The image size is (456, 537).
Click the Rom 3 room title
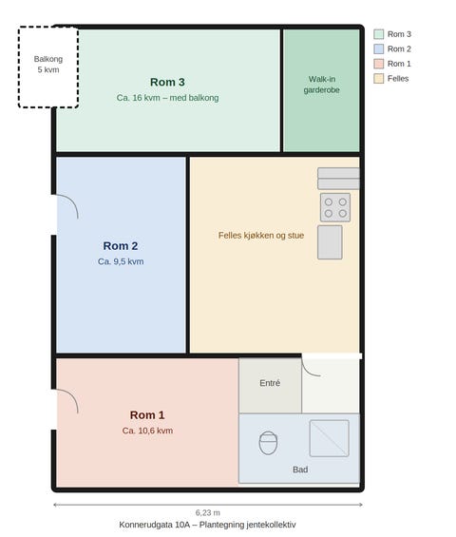pyautogui.click(x=167, y=82)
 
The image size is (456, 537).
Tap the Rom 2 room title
pyautogui.click(x=121, y=246)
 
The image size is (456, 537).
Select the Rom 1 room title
pyautogui.click(x=147, y=415)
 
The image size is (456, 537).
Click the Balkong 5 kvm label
pyautogui.click(x=48, y=65)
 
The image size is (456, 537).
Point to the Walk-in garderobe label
pyautogui.click(x=322, y=85)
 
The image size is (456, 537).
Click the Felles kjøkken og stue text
pyautogui.click(x=261, y=236)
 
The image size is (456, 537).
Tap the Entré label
pyautogui.click(x=270, y=383)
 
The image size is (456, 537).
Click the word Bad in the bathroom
pyautogui.click(x=300, y=470)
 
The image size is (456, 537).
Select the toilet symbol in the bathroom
pyautogui.click(x=268, y=443)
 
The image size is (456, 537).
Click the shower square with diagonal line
pyautogui.click(x=330, y=438)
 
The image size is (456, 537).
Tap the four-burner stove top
pyautogui.click(x=335, y=207)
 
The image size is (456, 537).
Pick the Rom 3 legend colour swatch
pyautogui.click(x=379, y=34)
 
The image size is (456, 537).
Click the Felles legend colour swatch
pyautogui.click(x=379, y=79)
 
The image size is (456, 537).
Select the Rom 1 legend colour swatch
pyautogui.click(x=379, y=64)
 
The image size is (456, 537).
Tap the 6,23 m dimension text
pyautogui.click(x=208, y=512)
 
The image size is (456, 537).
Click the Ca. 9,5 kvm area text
pyautogui.click(x=121, y=261)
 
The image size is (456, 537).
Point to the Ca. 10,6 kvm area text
pyautogui.click(x=147, y=431)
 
